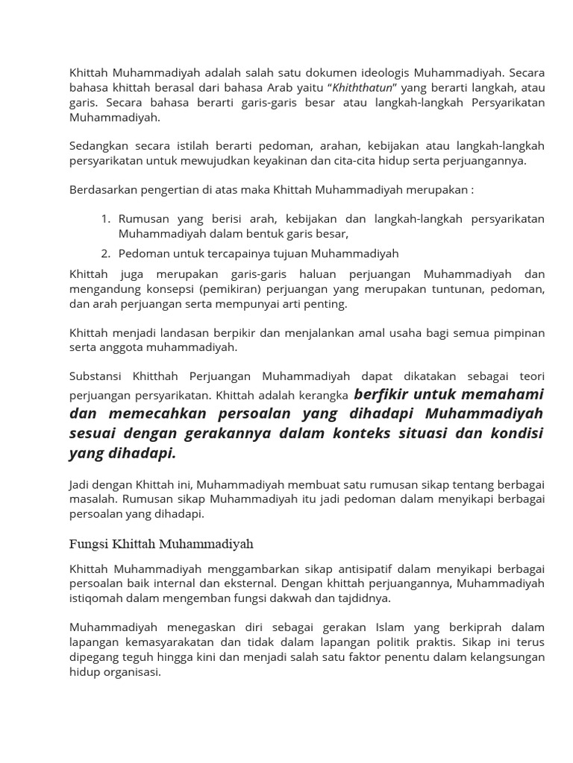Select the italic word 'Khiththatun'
[362, 88]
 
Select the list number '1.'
[105, 219]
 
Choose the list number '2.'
[105, 253]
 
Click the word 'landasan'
[175, 332]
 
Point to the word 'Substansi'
[95, 376]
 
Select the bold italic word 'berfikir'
[382, 394]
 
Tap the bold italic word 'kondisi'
[515, 434]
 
